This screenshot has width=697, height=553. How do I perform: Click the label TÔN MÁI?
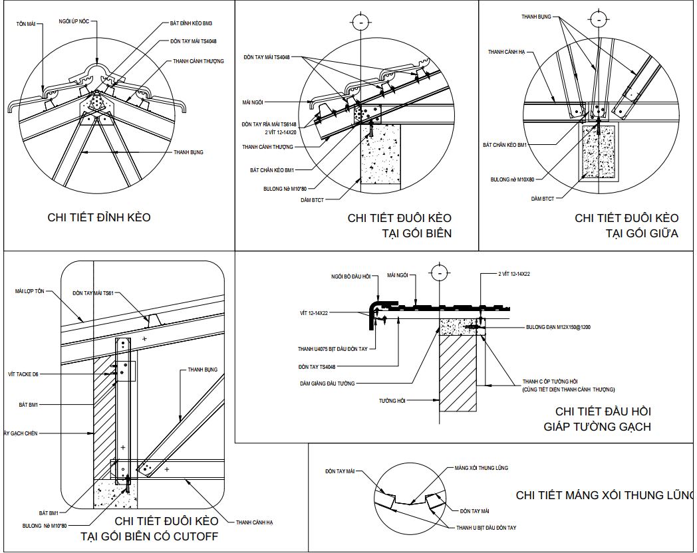click(25, 23)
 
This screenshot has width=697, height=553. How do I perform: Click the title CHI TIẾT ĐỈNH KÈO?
click(99, 217)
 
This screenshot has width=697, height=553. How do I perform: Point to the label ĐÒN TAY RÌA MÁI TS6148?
click(270, 124)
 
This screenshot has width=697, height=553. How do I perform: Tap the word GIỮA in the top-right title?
click(660, 233)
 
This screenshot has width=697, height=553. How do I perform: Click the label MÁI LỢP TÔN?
click(30, 291)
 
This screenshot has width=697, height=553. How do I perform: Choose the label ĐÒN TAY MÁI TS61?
click(93, 292)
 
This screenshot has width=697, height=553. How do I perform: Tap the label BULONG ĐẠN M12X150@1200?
click(558, 327)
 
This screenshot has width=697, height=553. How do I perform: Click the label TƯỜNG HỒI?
click(392, 401)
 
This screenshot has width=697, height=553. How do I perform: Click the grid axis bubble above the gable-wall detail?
click(438, 273)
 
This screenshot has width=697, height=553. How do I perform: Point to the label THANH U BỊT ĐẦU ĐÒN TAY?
click(486, 528)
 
